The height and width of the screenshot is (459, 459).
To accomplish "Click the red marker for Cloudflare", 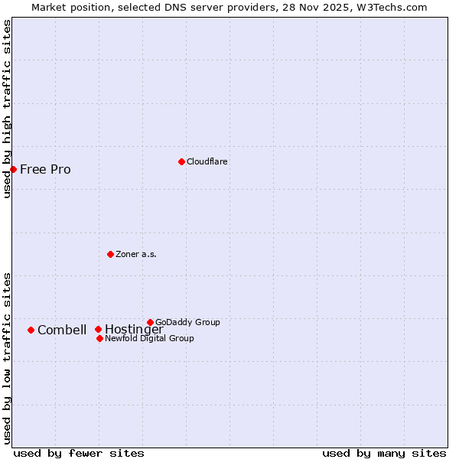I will [x=181, y=161].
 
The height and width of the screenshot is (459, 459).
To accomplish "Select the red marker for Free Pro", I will [x=14, y=169].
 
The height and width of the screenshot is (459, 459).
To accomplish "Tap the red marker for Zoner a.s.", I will [x=111, y=254].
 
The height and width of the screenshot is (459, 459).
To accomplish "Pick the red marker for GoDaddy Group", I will [x=150, y=322].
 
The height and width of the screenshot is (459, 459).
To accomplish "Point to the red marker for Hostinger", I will [x=98, y=330].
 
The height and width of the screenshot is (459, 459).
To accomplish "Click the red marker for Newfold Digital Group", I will [x=99, y=338].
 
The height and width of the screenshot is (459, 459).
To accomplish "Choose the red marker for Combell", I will [x=31, y=330].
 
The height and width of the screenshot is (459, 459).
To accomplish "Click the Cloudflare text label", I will [x=207, y=161].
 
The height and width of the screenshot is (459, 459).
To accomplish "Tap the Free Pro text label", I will [x=45, y=169].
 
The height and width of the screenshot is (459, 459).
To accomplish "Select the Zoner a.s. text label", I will [x=136, y=254].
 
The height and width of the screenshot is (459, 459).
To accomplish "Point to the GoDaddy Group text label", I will [x=187, y=322].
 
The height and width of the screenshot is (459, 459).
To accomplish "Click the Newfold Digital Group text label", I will [x=149, y=338].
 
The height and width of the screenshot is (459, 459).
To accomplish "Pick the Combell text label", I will [x=62, y=330].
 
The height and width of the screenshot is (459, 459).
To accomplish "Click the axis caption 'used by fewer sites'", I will [x=79, y=453].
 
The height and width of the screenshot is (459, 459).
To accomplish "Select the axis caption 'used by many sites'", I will [x=384, y=453].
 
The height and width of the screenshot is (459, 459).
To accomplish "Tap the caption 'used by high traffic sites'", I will [x=7, y=109].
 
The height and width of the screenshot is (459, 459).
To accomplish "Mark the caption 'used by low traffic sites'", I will [x=7, y=358].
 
